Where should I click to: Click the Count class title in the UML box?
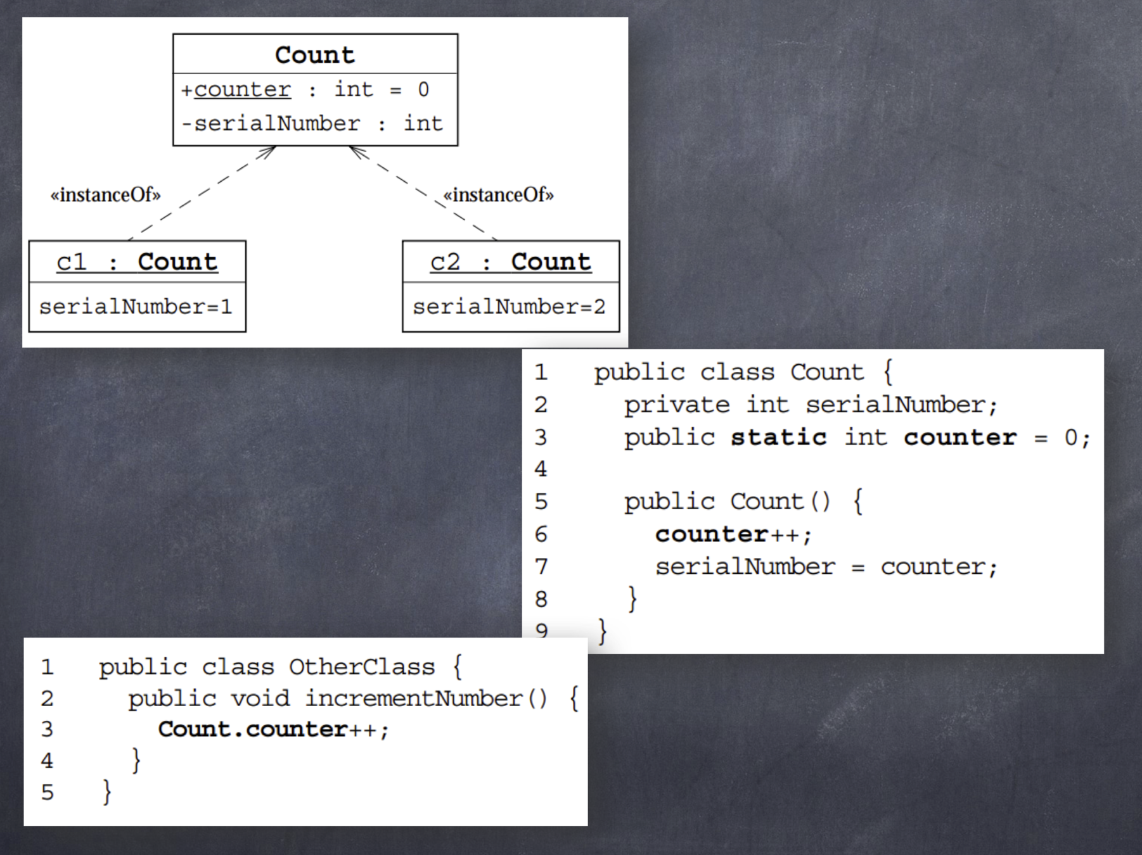pos(315,55)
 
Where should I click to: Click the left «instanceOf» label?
pos(106,194)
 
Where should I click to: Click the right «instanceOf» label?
pos(498,194)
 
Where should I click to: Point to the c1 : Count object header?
pos(137,262)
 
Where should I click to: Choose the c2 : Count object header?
pos(510,262)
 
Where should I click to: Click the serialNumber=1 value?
pos(136,307)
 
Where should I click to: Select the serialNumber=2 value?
pos(509,307)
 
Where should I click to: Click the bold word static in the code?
pos(778,438)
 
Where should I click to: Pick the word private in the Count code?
pos(676,405)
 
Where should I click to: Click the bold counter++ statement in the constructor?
pos(733,535)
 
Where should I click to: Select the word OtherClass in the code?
pos(362,667)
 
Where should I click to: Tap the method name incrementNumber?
pos(414,699)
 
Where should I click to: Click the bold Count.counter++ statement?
pos(273,730)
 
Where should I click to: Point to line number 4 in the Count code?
pos(541,469)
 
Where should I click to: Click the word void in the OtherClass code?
pos(260,699)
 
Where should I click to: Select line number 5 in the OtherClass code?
pos(48,792)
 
